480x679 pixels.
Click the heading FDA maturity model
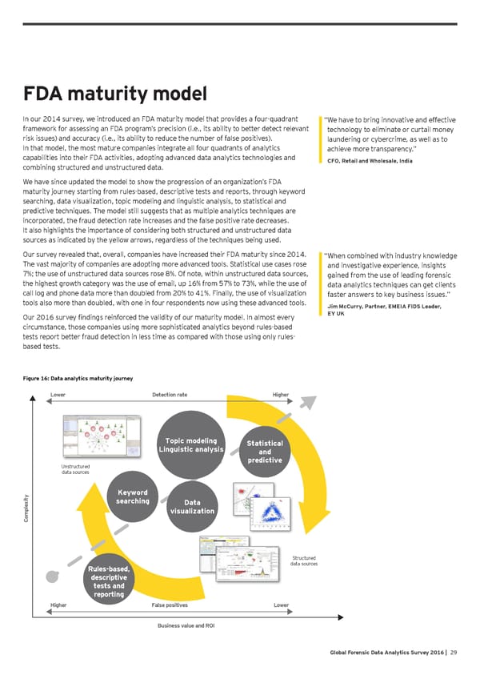click(117, 95)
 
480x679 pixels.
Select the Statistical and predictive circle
click(262, 451)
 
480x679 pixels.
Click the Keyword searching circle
click(132, 496)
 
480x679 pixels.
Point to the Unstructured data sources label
click(75, 469)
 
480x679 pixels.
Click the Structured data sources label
click(303, 560)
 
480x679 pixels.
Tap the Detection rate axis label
click(170, 394)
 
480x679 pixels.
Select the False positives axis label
click(170, 605)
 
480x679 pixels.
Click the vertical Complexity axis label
click(28, 508)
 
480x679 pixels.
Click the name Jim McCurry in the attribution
click(346, 306)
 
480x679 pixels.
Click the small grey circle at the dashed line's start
click(54, 576)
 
